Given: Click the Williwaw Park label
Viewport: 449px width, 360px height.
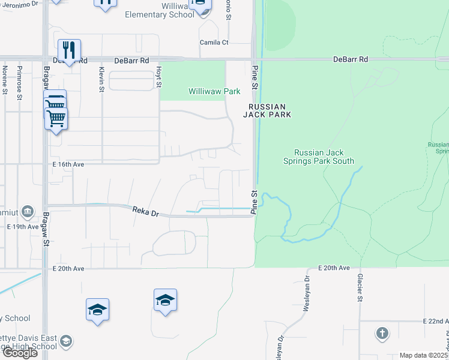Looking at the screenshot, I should (x=214, y=91).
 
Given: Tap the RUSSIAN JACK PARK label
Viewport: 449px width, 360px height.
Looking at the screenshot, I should (x=267, y=110).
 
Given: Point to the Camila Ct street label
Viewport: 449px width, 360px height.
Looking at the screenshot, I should (x=214, y=43).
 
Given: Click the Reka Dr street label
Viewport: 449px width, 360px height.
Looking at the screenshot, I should (x=145, y=212).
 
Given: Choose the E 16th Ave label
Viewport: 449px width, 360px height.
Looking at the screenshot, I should (x=67, y=164).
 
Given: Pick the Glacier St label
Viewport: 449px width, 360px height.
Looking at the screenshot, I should (x=360, y=288).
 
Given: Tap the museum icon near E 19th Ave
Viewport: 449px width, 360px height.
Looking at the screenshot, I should (x=28, y=212).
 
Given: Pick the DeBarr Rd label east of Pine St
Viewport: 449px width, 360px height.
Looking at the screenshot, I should (x=351, y=60).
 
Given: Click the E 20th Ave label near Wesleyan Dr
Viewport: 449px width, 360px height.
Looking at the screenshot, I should (x=333, y=268).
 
